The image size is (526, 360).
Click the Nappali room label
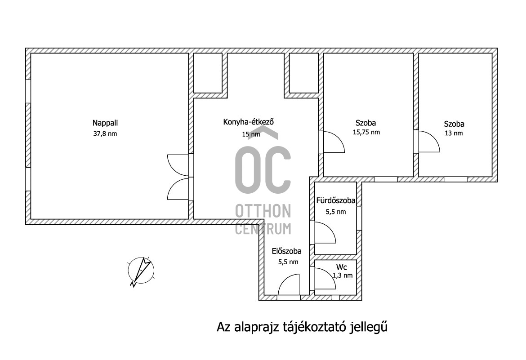[x=105, y=124]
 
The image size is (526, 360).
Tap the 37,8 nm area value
[x=105, y=133]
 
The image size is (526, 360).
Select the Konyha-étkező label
[x=249, y=121]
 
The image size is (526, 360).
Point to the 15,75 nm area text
[x=366, y=132]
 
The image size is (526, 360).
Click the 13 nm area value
[x=454, y=133]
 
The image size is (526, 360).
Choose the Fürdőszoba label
[x=336, y=200]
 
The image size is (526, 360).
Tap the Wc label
[x=342, y=267]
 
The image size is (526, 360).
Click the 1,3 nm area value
[x=343, y=276]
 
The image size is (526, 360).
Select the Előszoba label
[x=286, y=251]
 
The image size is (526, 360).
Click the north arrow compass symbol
[x=141, y=271]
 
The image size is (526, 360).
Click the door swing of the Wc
[x=325, y=279]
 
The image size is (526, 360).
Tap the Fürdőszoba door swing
[x=325, y=232]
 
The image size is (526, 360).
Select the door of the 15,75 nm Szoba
[x=334, y=142]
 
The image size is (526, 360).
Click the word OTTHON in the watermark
[x=263, y=211]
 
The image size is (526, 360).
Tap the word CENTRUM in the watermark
[x=263, y=228]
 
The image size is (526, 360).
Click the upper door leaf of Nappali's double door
[x=178, y=165]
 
